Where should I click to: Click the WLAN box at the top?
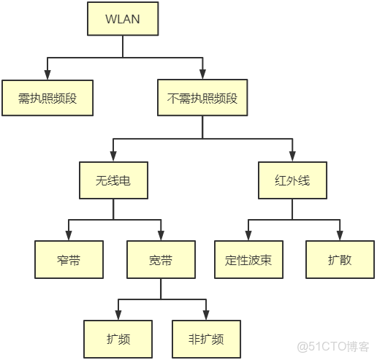(122, 19)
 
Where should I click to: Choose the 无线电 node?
(113, 180)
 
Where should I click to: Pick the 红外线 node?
(292, 180)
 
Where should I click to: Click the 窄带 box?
(68, 259)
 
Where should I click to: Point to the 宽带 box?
(161, 259)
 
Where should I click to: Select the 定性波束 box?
(248, 259)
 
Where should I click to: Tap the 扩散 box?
(339, 259)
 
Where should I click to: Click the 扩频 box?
(118, 339)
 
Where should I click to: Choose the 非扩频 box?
(207, 339)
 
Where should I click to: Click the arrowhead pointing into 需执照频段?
(47, 75)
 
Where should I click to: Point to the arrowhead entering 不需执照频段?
(202, 75)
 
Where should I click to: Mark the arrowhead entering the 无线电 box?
(113, 156)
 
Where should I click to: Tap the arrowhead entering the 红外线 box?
(292, 156)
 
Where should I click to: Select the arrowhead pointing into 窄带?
(68, 236)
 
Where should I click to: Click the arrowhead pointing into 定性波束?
(248, 236)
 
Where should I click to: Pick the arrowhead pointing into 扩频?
(118, 315)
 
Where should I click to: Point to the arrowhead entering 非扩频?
(207, 315)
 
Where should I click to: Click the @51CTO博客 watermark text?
(337, 346)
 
